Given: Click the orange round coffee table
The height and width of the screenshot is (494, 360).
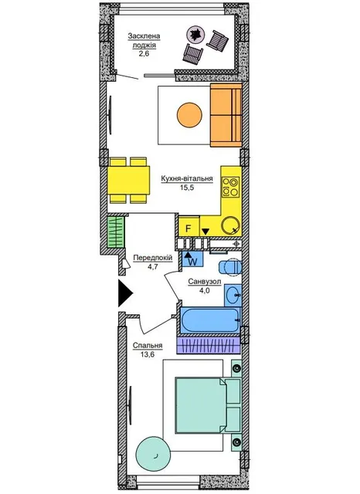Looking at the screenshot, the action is coord(189,115).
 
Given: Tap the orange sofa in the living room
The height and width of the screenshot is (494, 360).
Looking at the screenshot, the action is coord(226,115).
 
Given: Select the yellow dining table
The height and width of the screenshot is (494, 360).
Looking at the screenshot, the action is coord(128,181).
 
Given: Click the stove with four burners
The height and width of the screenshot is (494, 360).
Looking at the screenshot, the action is coord(231,187).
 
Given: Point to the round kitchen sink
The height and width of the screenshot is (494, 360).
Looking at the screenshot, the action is coord(231,225).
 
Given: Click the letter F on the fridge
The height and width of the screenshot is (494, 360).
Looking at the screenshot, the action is coord(188,228).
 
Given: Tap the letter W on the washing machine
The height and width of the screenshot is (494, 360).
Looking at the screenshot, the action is coord(192,261).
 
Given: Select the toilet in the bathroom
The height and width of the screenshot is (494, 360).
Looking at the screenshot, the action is coord(230,267).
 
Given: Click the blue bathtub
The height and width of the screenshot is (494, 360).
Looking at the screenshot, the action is coord(210,320).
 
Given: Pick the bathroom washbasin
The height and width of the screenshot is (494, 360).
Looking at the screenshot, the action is coord(233,295).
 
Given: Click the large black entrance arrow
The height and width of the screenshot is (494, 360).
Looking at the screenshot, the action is coord(125,293).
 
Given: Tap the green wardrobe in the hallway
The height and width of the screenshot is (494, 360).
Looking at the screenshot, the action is coord(115,232).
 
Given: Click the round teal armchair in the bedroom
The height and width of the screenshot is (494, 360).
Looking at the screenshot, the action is coord(153,454).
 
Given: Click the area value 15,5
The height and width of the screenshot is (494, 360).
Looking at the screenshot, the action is coord(187,188).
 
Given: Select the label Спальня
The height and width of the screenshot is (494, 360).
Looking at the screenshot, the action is coord(148,346).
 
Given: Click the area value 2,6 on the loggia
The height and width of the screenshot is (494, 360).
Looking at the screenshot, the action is coord(144,53).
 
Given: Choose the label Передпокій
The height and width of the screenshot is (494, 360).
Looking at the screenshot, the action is coord(153,258).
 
